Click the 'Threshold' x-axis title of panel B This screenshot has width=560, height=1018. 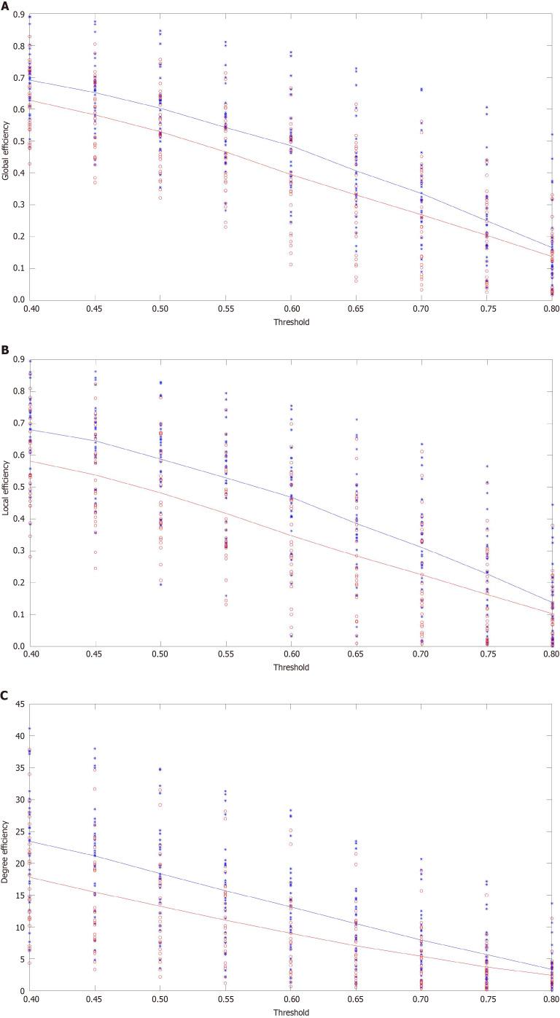pyautogui.click(x=291, y=667)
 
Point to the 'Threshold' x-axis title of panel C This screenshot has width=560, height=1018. pyautogui.click(x=291, y=1012)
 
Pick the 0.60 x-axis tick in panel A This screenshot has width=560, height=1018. pyautogui.click(x=291, y=308)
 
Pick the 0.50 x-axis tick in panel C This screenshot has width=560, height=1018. pyautogui.click(x=160, y=999)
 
